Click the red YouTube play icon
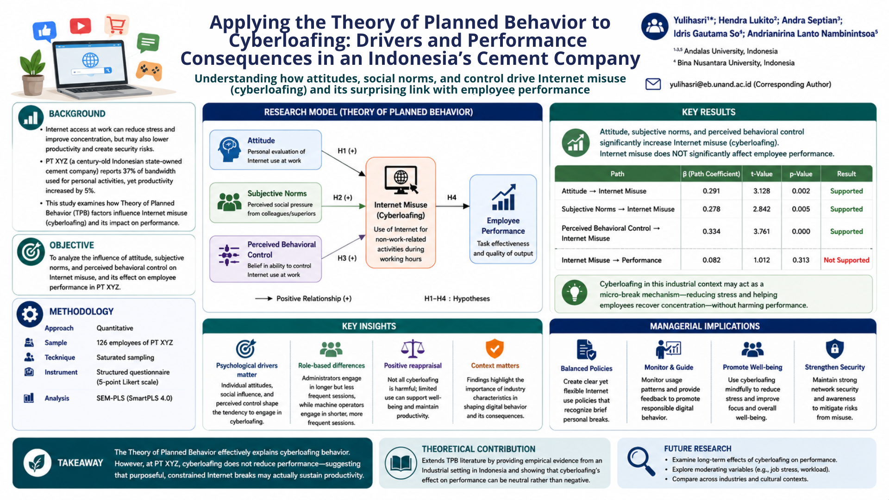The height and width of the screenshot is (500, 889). [x=81, y=26]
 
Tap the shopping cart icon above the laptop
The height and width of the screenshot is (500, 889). [x=116, y=25]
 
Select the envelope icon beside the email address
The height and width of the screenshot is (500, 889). [x=653, y=84]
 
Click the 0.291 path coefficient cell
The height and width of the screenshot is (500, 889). [x=711, y=191]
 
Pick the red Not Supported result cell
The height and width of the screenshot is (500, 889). [x=846, y=260]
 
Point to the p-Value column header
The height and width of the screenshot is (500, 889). [x=801, y=174]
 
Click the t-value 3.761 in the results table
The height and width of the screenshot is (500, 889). [x=762, y=231]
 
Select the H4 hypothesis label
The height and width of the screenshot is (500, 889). [x=452, y=198]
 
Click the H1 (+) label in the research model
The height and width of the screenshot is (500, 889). [x=347, y=151]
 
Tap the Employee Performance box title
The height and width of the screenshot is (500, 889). [x=503, y=226]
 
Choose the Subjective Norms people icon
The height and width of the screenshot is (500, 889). [x=229, y=202]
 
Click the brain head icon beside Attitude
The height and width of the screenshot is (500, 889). [x=229, y=149]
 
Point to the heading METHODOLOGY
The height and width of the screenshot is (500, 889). [x=81, y=312]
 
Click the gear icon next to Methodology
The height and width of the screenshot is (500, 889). [x=30, y=314]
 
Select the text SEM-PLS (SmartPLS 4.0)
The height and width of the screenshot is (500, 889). [x=134, y=398]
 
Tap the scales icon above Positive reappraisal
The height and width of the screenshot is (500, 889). [x=413, y=349]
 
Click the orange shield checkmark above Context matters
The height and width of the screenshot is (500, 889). [x=495, y=349]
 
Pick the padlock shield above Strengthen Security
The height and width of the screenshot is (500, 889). [x=834, y=349]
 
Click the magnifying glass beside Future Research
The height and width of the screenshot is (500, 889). [x=641, y=461]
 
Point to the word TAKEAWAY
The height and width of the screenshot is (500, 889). [x=80, y=463]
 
